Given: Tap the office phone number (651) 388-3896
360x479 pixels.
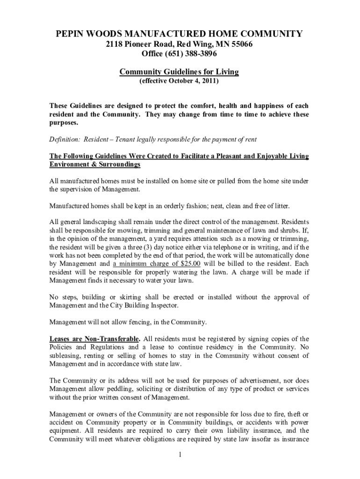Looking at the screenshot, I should point(192,54).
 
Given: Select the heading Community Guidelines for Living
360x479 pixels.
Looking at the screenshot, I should point(179,72).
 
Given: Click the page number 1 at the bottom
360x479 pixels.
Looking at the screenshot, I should point(179,455).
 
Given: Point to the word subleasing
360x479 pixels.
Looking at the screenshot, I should point(66,356).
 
